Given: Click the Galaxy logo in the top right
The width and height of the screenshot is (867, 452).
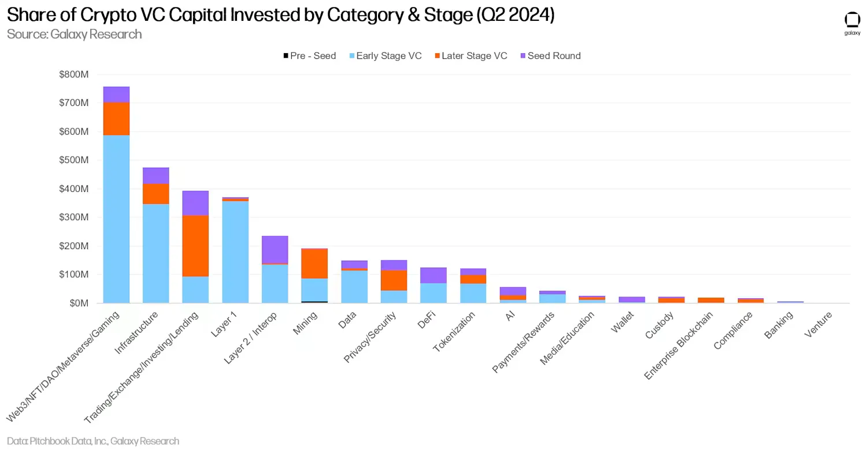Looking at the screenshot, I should (x=852, y=23).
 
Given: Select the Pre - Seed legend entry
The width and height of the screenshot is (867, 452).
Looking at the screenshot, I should (x=309, y=56).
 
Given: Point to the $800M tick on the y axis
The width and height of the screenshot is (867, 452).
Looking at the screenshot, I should (x=74, y=75).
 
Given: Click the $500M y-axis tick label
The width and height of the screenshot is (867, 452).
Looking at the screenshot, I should (x=74, y=160).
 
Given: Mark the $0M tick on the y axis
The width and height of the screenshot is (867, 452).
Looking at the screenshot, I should (x=77, y=303).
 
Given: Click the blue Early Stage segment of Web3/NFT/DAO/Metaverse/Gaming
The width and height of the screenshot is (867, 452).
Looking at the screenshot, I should (x=116, y=220).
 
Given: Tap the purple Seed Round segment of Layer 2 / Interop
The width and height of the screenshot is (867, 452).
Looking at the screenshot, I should (x=275, y=250).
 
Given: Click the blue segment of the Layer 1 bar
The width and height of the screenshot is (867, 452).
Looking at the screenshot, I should (x=235, y=252).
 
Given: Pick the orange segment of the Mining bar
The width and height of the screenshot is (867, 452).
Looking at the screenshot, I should (x=314, y=264).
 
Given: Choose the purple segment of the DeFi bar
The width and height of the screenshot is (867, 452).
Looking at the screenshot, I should (x=433, y=275).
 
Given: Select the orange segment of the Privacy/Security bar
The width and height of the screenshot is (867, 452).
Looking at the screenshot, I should (x=394, y=280).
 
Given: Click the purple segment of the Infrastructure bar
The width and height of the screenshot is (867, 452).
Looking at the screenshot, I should (x=156, y=176).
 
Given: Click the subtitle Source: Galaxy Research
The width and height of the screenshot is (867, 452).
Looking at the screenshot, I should (x=74, y=34).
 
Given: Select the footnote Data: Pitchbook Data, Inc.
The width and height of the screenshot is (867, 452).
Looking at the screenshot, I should (x=92, y=441).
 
